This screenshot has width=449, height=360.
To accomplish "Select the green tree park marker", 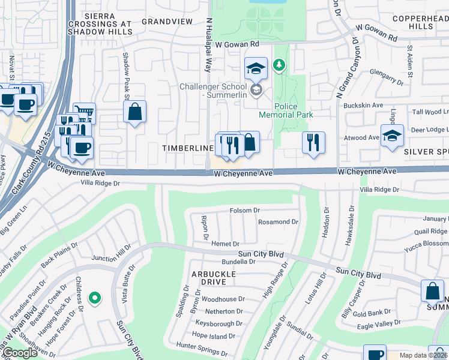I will (x=279, y=64).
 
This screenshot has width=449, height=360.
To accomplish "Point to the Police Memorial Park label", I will (x=286, y=110).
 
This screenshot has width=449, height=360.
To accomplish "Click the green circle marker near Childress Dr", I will (x=94, y=297).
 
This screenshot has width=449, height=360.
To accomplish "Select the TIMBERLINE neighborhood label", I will (x=187, y=148).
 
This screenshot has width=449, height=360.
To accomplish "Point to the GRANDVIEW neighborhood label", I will (x=167, y=21).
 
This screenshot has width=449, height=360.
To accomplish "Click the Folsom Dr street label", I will (x=244, y=211).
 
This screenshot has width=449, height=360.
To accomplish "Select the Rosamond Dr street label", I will (x=277, y=222).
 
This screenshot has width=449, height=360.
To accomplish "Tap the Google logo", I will (x=20, y=353).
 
